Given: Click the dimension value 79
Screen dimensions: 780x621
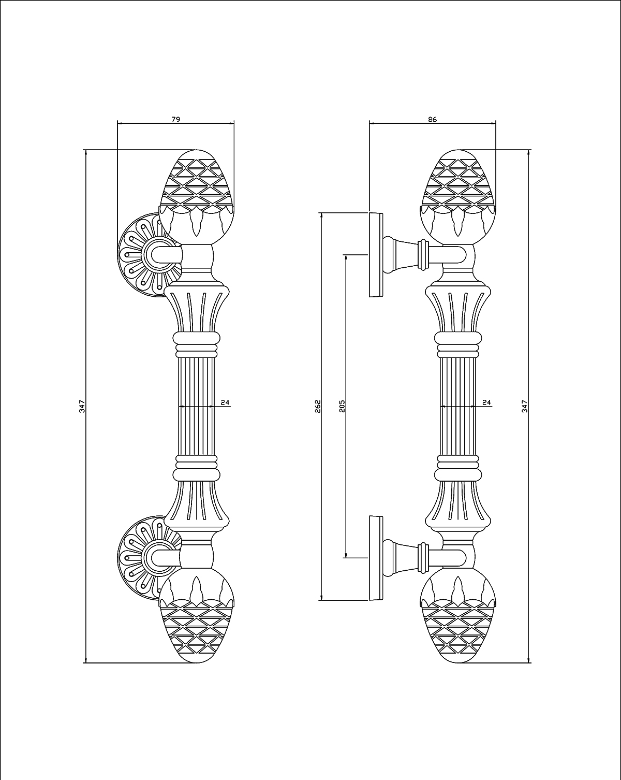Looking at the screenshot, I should (175, 119).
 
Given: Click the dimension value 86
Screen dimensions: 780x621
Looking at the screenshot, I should (433, 119).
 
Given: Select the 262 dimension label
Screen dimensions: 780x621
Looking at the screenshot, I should (318, 406).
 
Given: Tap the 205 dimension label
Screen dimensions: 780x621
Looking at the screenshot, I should (342, 406).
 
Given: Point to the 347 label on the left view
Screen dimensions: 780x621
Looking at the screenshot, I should (82, 406).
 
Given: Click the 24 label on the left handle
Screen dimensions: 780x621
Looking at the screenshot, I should (225, 402).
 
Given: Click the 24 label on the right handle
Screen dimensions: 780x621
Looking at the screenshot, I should (486, 402).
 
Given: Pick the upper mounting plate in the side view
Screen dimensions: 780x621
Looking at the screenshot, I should (375, 254).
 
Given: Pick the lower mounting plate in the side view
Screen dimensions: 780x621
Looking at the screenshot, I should (375, 558).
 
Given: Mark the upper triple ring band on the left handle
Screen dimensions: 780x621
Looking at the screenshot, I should (196, 345).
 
